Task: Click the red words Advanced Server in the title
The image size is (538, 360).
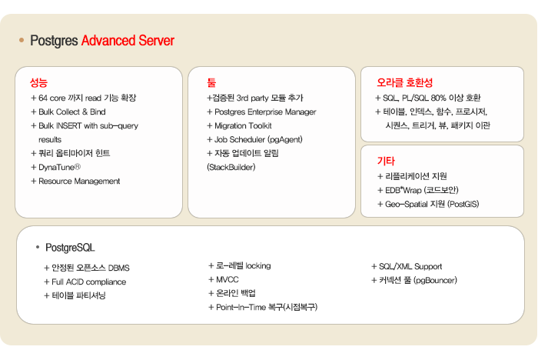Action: (128, 41)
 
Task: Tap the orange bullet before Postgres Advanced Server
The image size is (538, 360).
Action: (22, 40)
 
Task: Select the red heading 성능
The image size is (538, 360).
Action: (38, 82)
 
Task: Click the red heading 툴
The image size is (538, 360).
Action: (211, 82)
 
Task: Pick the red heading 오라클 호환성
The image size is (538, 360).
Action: (404, 82)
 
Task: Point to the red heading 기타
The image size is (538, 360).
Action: (386, 161)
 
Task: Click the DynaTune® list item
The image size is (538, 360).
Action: (55, 167)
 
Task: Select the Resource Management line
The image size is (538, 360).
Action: (75, 181)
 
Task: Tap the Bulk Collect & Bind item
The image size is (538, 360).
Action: (68, 112)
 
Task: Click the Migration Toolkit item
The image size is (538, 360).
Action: (239, 125)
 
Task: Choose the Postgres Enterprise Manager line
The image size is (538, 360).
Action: (261, 112)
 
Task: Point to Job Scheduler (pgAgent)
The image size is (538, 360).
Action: (254, 139)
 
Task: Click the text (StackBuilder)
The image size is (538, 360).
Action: (231, 167)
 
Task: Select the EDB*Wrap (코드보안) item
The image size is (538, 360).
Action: (418, 190)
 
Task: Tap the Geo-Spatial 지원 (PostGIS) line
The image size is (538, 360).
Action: (428, 204)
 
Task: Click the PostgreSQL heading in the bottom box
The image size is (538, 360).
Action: (70, 248)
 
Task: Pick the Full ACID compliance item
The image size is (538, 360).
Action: (85, 282)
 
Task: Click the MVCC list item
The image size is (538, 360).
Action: (224, 280)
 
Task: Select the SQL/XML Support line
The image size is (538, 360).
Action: (407, 266)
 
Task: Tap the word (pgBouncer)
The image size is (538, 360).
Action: (435, 280)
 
